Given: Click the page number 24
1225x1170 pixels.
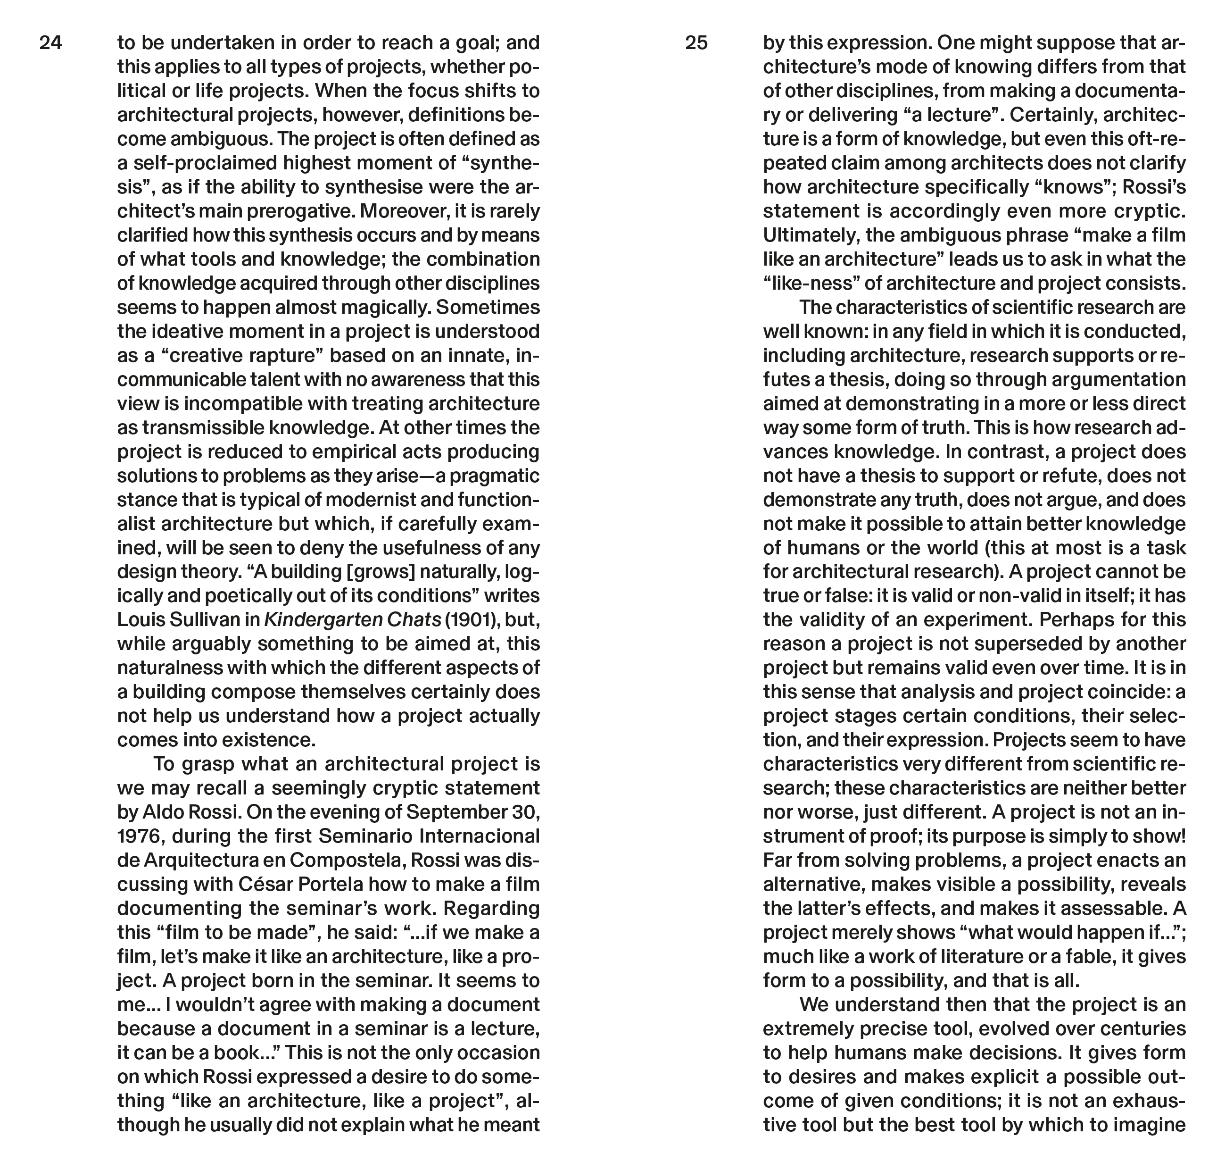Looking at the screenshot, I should [x=51, y=43].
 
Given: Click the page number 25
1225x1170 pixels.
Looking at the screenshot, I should [x=696, y=43].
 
